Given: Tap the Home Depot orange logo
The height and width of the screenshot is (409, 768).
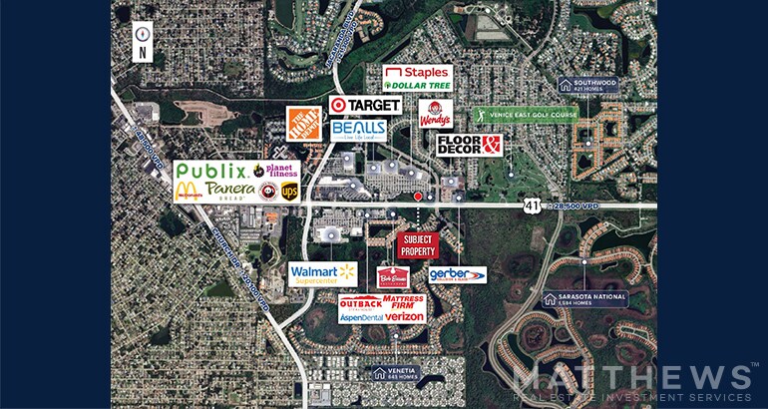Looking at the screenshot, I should [x=303, y=124].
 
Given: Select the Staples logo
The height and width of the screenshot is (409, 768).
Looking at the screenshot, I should [x=418, y=73].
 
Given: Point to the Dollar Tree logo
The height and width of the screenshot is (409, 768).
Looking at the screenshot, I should [x=418, y=86].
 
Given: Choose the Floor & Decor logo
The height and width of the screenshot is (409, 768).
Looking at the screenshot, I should [x=469, y=146].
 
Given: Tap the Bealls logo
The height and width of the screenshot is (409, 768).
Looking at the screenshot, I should [x=358, y=131].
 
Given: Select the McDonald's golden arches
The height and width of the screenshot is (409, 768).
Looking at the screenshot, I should [x=186, y=191].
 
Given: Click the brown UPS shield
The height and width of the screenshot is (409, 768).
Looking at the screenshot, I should [x=289, y=191].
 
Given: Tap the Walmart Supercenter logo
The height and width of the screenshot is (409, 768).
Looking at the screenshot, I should [x=323, y=273].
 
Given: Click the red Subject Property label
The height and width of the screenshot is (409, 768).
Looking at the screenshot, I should [x=418, y=245].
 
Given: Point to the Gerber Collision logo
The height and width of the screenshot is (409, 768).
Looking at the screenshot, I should [x=457, y=274].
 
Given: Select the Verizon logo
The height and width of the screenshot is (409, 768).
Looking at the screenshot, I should [x=405, y=316].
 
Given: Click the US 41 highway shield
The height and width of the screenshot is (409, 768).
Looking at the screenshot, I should [x=533, y=205].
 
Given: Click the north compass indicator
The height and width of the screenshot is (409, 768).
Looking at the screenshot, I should [x=143, y=42].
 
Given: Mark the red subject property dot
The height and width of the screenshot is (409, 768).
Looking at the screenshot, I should [x=418, y=197].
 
